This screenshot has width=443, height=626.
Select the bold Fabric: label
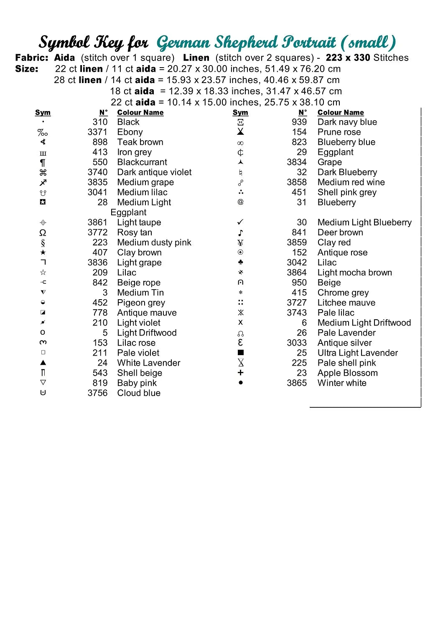click(32, 58)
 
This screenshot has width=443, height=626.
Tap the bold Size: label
click(27, 69)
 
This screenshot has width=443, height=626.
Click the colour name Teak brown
click(140, 142)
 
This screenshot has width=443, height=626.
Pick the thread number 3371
click(97, 132)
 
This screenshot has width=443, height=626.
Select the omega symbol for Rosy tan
click(43, 232)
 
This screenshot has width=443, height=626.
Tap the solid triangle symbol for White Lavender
click(43, 363)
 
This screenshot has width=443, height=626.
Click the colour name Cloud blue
click(139, 393)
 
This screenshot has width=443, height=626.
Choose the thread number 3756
click(97, 393)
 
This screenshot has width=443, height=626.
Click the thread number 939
click(299, 122)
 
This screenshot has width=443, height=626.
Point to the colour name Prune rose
click(339, 132)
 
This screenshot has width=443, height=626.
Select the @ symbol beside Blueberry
click(240, 202)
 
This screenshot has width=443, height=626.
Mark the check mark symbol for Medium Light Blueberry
click(240, 222)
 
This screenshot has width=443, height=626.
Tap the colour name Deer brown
click(340, 232)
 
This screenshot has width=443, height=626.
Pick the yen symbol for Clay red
click(240, 242)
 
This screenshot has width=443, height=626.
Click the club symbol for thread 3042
click(240, 262)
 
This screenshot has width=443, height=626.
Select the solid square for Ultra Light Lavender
click(240, 353)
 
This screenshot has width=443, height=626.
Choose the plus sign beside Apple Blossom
click(240, 373)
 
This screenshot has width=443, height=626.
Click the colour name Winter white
click(342, 383)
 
